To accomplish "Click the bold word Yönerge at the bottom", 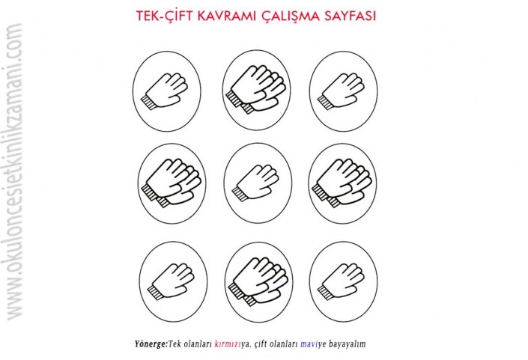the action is tap(151, 344).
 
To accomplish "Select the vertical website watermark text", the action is tap(14, 171).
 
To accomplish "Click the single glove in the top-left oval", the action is tap(164, 91).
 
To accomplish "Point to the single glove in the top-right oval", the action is tap(341, 91).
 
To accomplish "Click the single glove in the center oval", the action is tap(255, 183).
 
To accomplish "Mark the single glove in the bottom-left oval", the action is tap(171, 281).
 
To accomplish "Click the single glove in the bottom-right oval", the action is tap(341, 281).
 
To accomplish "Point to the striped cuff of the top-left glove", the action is tap(148, 102).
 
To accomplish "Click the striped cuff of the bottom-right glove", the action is tap(326, 292).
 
